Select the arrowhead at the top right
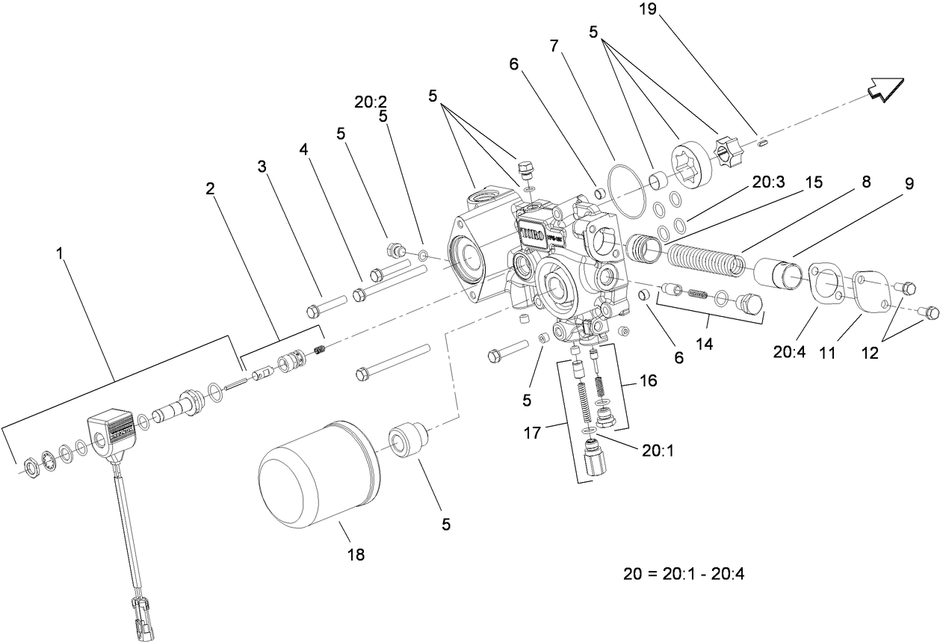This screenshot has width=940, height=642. tap(886, 89)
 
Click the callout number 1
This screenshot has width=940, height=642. tap(60, 254)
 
